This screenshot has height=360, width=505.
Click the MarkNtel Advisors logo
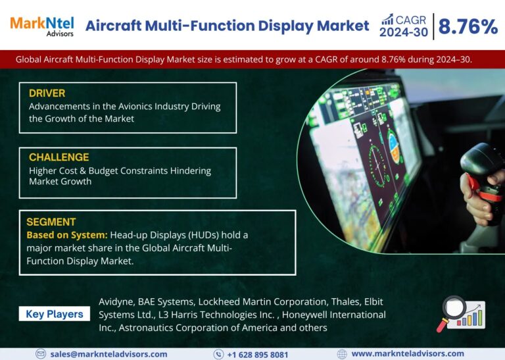pos(42,26)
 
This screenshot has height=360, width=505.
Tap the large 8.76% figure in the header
pos(468,26)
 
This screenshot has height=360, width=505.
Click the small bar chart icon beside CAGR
pos(387,19)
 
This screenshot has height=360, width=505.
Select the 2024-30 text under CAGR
pos(404,32)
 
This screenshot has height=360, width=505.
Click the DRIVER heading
pos(47,93)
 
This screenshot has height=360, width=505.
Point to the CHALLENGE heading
pos(59,157)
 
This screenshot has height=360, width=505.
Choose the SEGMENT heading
pos(51,222)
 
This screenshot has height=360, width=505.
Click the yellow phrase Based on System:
pos(67,235)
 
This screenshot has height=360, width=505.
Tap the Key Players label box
pos(55,314)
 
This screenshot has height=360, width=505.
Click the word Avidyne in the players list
pos(116,302)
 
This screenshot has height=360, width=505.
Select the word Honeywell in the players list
pos(304,315)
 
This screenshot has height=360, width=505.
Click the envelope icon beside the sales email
pos(41,354)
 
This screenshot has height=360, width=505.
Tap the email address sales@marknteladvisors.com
pos(109,354)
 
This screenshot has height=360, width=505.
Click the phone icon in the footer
pos(218,355)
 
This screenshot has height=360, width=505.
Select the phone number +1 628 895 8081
pos(258,355)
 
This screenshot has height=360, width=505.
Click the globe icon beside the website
pos(342,354)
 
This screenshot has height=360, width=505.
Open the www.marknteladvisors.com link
pos(408,354)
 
